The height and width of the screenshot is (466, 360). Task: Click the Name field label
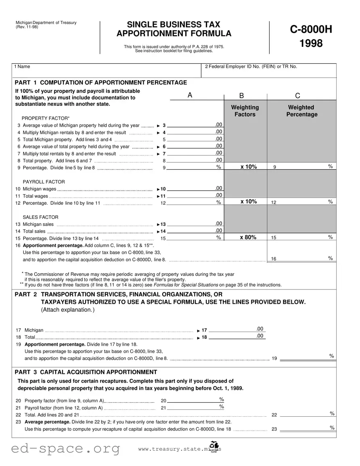[22, 67]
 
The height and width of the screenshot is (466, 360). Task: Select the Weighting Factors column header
[245, 111]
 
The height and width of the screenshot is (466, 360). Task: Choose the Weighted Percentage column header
[301, 111]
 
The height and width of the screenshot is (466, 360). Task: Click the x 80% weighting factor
[248, 237]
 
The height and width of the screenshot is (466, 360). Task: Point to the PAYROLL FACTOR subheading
[44, 182]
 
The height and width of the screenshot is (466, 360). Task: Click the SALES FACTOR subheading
[40, 217]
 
